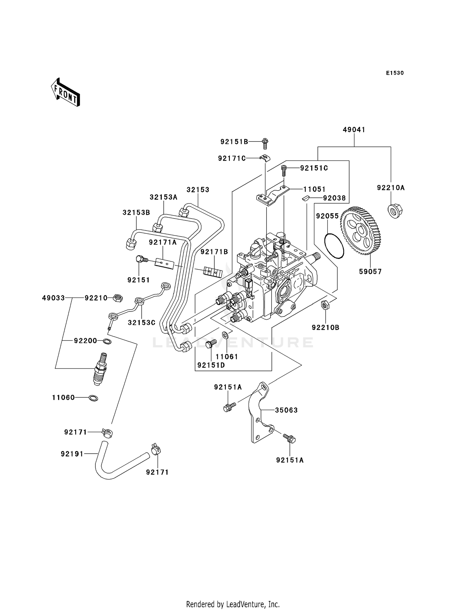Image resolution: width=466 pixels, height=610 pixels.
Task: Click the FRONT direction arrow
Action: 66,92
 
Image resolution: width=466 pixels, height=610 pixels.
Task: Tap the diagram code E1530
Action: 395,73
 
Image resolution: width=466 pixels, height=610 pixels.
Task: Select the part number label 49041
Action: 354,130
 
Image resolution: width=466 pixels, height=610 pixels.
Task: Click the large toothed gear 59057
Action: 362,231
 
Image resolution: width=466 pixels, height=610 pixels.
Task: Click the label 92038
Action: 334,198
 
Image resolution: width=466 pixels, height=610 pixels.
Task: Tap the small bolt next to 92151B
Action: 265,143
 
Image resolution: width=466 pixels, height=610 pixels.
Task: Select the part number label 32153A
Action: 163,197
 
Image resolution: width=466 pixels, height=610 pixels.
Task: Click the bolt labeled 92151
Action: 141,260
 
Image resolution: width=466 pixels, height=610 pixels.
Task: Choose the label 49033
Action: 53,298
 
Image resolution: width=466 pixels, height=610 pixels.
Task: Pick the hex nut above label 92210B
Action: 325,305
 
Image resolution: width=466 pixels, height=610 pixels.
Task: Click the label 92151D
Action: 211,365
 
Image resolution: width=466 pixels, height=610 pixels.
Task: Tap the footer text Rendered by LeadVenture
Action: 233,604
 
